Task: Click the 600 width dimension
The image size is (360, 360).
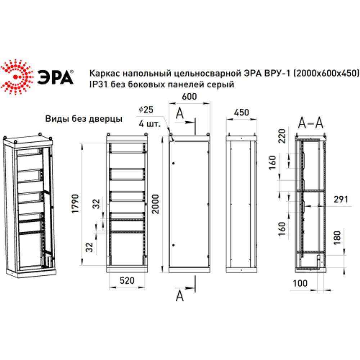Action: (x=189, y=97)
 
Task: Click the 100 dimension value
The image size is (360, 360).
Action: (x=300, y=283)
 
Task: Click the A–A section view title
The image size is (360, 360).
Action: (x=311, y=123)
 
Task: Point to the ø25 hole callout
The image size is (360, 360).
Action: (x=145, y=109)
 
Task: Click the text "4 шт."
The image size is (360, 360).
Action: (x=147, y=123)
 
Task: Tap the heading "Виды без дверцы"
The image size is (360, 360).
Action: (x=84, y=119)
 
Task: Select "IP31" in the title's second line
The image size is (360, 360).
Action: (x=97, y=85)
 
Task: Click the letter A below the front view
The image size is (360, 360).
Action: (x=180, y=296)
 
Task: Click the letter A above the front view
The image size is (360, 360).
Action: (x=180, y=113)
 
